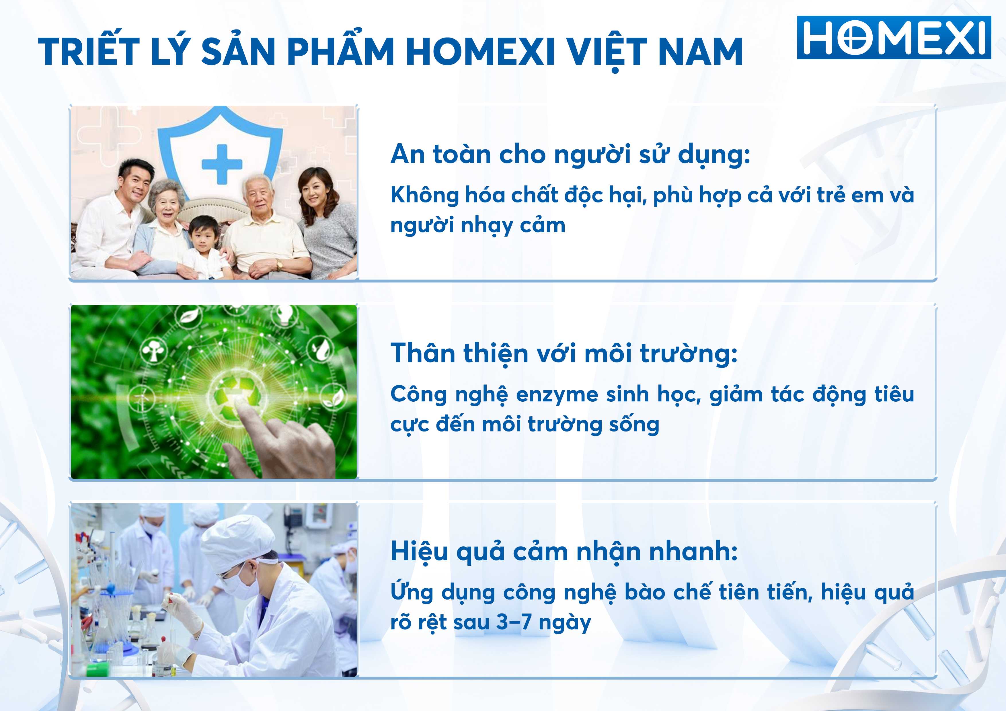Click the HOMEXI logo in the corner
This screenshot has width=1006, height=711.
[x=894, y=38]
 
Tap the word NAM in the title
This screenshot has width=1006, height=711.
[x=700, y=52]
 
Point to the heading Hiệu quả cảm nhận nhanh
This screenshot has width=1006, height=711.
[x=564, y=552]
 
